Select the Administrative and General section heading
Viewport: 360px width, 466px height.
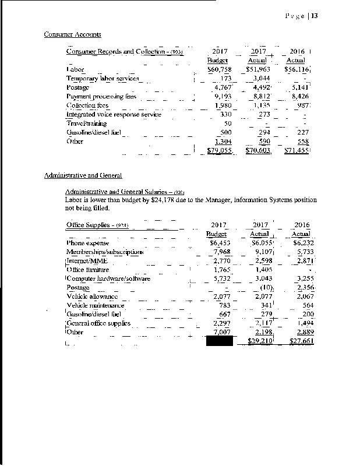83,175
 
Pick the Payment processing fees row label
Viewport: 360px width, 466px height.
101,96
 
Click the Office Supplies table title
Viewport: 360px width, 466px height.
97,225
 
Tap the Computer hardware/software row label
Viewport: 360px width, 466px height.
108,278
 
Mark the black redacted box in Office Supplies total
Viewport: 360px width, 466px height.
220,341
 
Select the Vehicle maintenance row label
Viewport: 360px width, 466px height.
96,305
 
